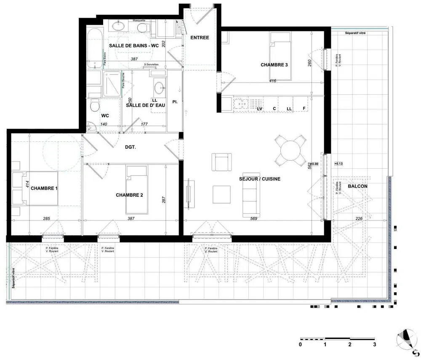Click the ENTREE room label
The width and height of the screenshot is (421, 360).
[x=200, y=37]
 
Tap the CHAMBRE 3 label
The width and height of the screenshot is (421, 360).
[x=274, y=65]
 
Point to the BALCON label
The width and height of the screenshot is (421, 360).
[x=357, y=186]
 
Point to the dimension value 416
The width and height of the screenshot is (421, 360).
[x=272, y=81]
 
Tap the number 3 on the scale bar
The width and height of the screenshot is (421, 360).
[x=374, y=344]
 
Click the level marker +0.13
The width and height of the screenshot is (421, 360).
[x=338, y=163]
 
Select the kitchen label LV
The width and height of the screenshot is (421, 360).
[x=260, y=109]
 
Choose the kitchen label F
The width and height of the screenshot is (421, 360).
[x=304, y=109]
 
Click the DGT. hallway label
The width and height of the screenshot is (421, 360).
[x=130, y=147]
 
